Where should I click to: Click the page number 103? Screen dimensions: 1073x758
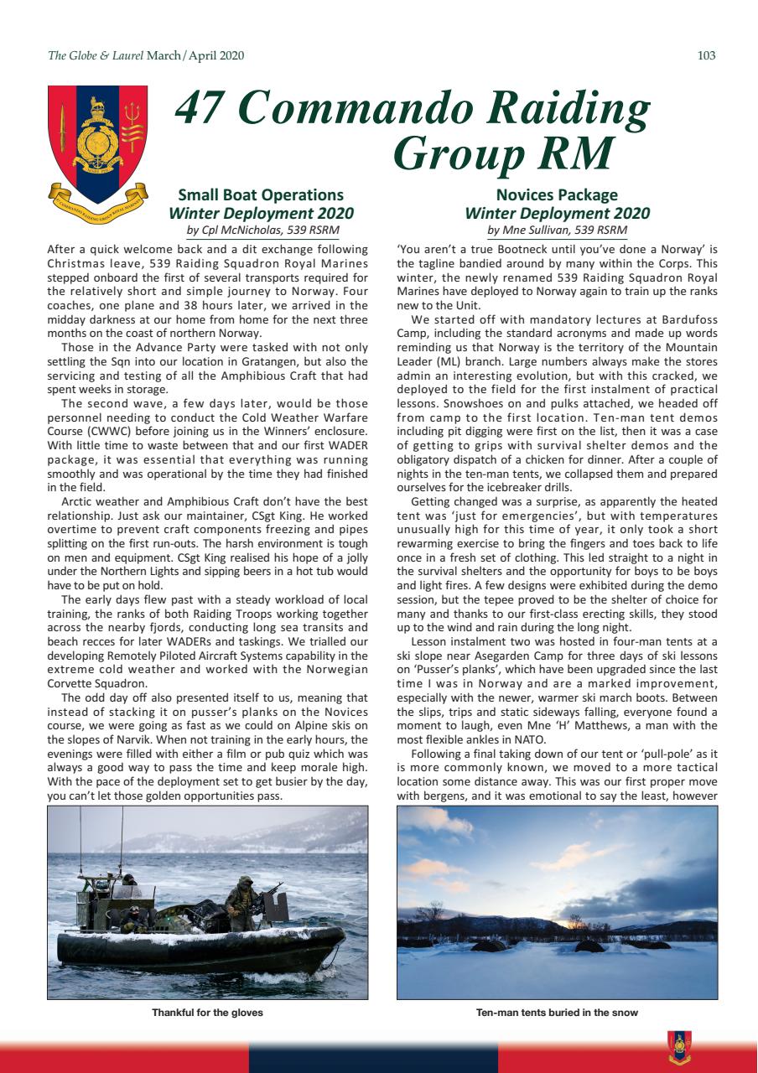coord(706,56)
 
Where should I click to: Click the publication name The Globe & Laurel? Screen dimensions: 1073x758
coord(96,56)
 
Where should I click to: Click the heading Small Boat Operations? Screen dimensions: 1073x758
coord(262,195)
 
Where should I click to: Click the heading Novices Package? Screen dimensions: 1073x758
coord(557,195)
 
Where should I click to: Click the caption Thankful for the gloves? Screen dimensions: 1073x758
coord(207,1013)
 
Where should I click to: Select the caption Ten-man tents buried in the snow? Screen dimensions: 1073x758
coord(557,1013)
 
